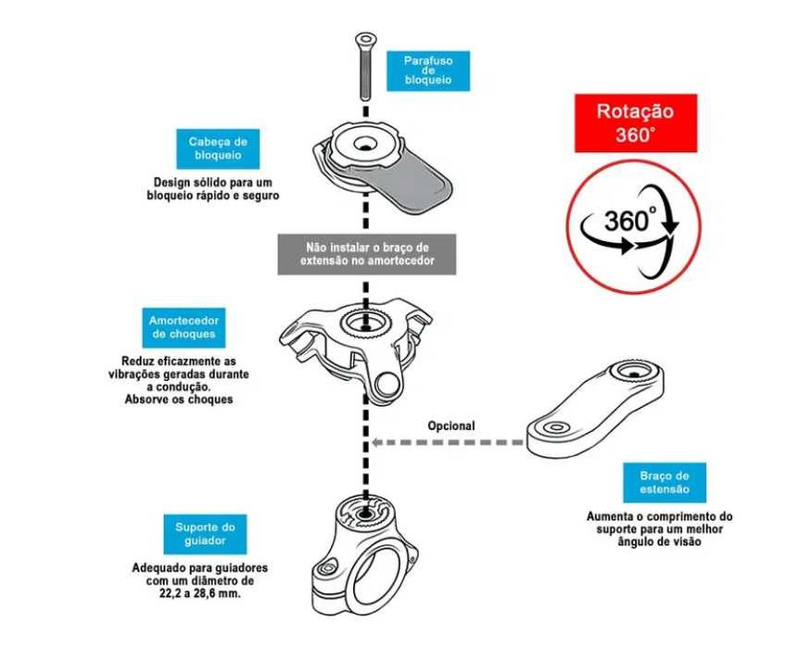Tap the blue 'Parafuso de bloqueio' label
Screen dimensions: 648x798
point(427,70)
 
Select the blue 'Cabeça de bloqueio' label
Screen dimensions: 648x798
point(217,148)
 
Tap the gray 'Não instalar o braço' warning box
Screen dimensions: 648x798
point(368,254)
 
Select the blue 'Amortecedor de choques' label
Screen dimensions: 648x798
point(182,326)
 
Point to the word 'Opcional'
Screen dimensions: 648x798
point(451,426)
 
